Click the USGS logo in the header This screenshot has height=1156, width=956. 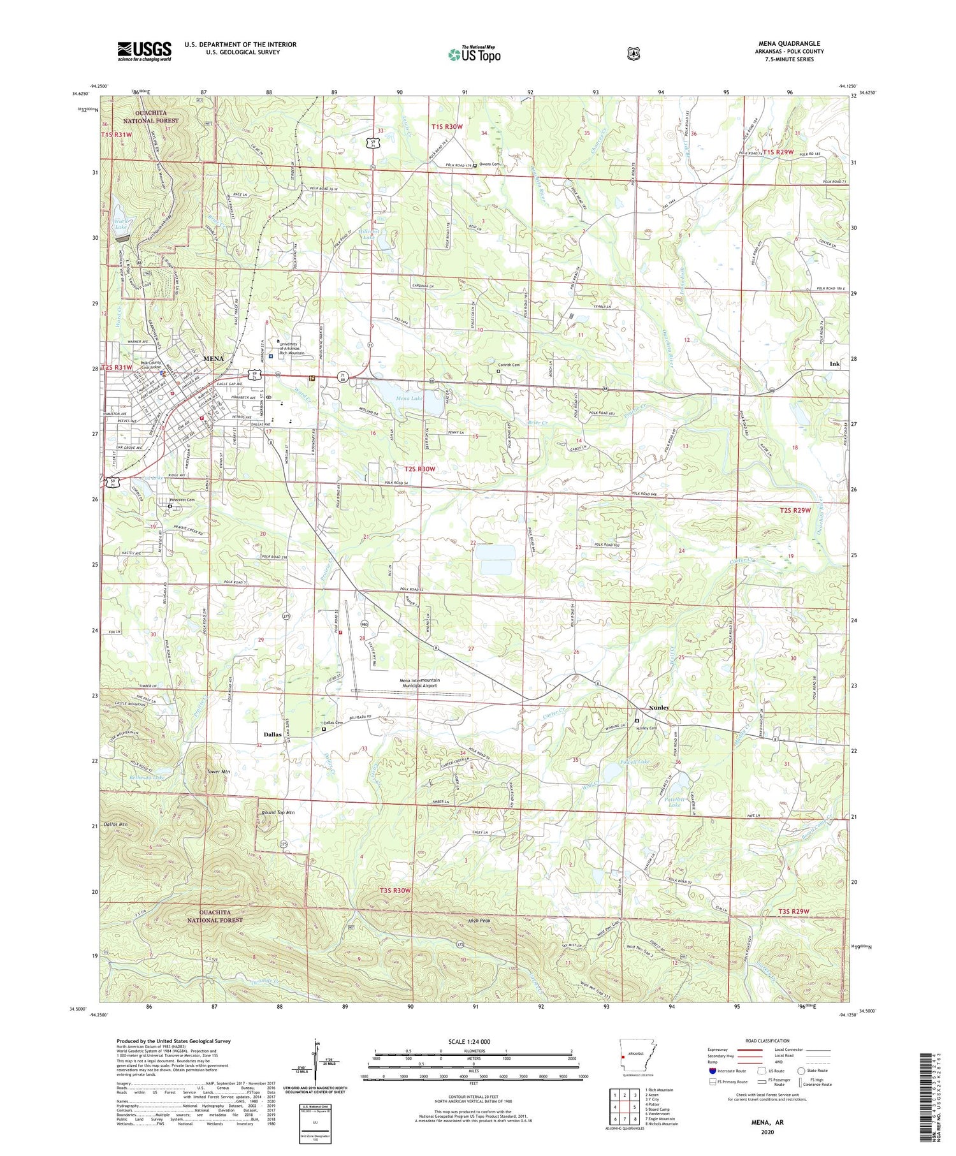pos(144,51)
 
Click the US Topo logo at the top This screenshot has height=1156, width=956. pos(474,54)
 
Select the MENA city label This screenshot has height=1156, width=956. pos(213,358)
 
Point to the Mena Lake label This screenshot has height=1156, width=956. pos(409,399)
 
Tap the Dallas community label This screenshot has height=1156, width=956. pos(273,735)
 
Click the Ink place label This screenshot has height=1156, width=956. pos(834,363)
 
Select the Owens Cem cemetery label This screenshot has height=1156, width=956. pos(489,165)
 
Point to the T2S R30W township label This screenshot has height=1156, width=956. pos(419,469)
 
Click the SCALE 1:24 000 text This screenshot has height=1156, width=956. pos(474,1042)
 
